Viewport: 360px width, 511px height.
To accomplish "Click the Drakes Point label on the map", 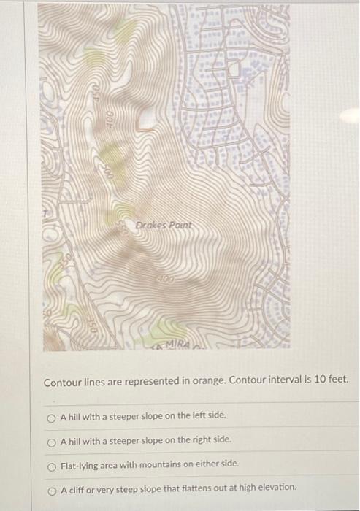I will (164, 226).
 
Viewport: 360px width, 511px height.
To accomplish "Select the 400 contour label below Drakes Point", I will (164, 280).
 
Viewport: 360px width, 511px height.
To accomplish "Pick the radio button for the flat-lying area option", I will (51, 464).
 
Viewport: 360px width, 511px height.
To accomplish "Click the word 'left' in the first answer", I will (197, 415).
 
